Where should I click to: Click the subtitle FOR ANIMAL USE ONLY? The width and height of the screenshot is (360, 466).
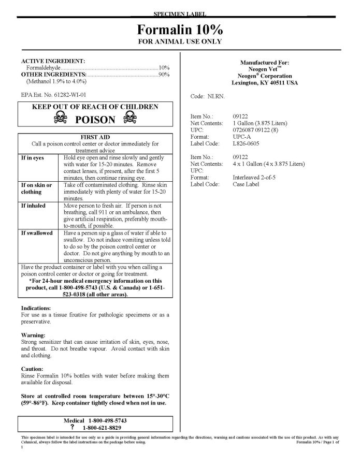pos(180,41)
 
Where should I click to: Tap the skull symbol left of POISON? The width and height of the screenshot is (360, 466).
pos(61,120)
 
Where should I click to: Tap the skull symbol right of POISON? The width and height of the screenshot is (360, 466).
pos(128,120)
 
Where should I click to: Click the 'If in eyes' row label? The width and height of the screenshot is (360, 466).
pos(32,157)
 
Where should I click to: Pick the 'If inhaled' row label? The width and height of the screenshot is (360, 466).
pos(33,206)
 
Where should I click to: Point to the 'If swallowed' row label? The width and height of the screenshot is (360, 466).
pos(36,233)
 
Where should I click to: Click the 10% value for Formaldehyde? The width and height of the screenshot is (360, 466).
pos(164,68)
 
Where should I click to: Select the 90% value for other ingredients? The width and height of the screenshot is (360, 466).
pos(164,75)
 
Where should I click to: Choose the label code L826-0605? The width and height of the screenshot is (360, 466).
pos(247,143)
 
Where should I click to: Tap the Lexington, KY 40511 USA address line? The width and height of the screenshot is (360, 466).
pos(265,83)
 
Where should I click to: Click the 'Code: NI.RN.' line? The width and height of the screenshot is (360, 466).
pos(208,96)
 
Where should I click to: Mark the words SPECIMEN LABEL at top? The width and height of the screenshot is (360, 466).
pos(180,12)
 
